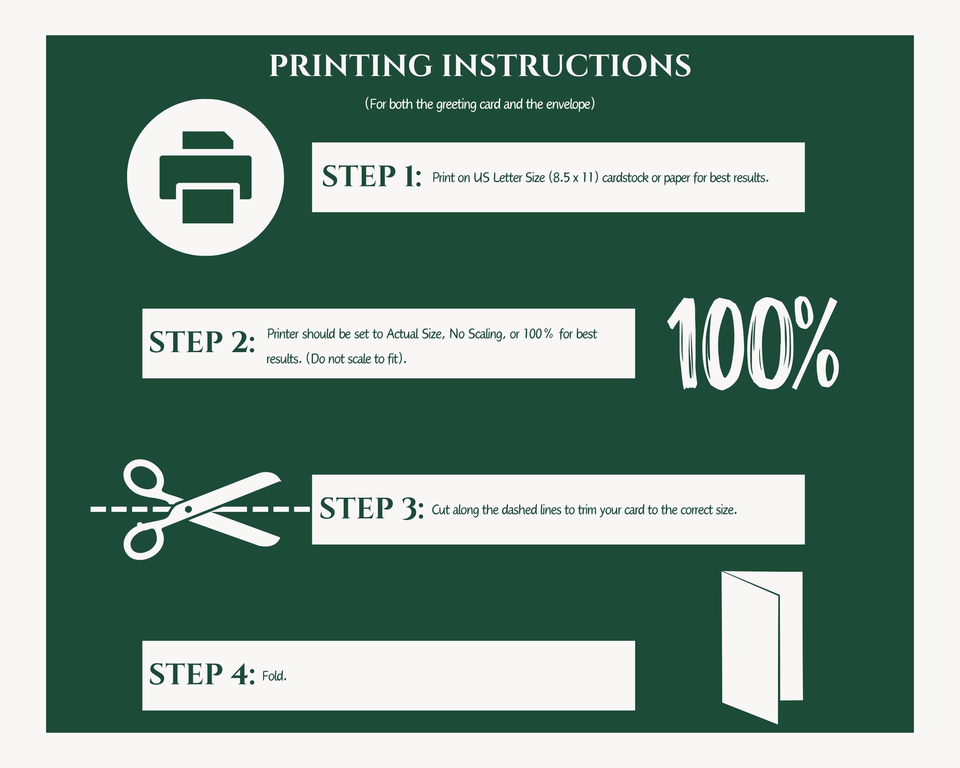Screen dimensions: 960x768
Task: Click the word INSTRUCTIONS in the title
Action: click(x=566, y=66)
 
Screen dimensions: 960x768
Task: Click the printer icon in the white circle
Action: click(x=205, y=177)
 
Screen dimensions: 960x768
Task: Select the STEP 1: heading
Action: click(x=372, y=176)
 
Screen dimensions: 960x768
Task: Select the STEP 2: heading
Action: click(x=202, y=343)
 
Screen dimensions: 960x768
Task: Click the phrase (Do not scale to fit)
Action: click(x=356, y=359)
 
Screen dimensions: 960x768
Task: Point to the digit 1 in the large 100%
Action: click(x=683, y=343)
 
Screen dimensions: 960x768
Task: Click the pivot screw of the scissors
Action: click(x=188, y=509)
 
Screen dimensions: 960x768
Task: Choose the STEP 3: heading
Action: click(x=372, y=508)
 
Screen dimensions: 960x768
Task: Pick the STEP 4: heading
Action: click(x=202, y=674)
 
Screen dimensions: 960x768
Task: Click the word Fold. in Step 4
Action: click(x=274, y=676)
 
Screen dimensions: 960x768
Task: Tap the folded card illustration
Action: click(x=762, y=648)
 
